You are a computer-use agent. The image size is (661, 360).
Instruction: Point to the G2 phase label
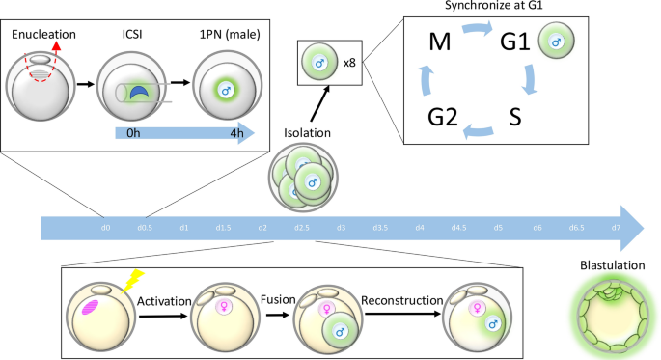[445, 121]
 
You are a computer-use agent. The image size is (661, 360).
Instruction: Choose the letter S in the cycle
[518, 121]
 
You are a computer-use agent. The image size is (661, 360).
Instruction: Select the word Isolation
[308, 131]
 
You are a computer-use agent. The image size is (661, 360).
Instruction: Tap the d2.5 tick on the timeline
[301, 228]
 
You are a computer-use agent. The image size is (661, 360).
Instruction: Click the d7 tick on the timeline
[615, 228]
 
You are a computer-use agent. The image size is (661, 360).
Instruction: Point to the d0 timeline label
[105, 228]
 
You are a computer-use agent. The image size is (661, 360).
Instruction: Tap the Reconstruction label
[401, 302]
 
